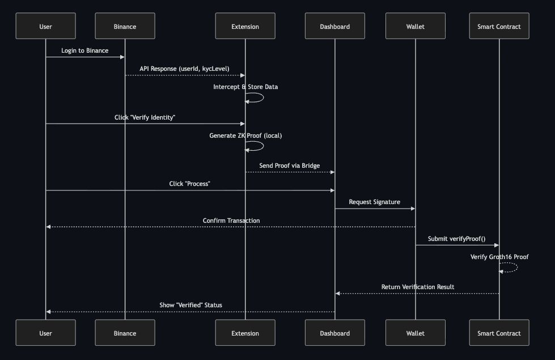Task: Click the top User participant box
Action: [x=45, y=26]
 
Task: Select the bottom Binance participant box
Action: [x=125, y=333]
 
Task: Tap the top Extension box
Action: [x=245, y=26]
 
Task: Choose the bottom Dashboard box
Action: [x=334, y=333]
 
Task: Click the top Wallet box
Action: [x=415, y=26]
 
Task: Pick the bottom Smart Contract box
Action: [x=499, y=333]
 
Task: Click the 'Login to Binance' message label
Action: [x=85, y=50]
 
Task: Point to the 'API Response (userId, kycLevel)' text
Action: [x=185, y=69]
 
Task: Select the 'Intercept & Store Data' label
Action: [x=245, y=87]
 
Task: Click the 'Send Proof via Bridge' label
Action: [x=290, y=166]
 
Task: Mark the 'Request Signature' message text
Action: [x=374, y=202]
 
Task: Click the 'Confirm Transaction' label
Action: [x=231, y=220]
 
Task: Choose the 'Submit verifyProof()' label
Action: [x=457, y=239]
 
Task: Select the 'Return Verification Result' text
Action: [x=418, y=287]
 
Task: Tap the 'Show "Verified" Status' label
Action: [x=190, y=305]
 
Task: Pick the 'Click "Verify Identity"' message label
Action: [x=145, y=117]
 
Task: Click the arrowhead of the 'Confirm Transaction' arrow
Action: [x=49, y=227]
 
